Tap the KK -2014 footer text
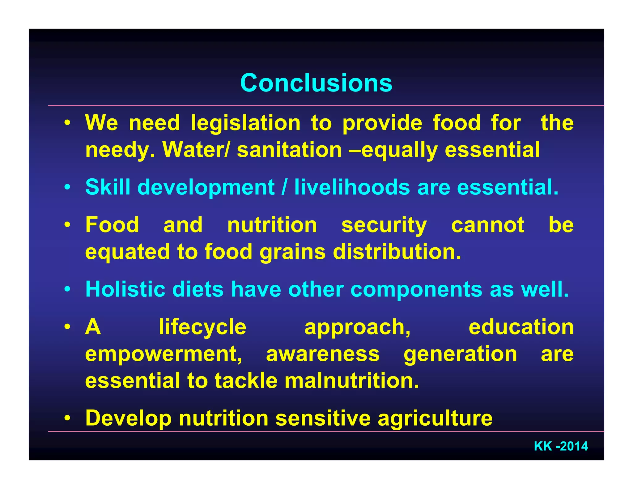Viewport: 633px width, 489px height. tap(561, 446)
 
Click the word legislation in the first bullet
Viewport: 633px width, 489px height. tap(246, 123)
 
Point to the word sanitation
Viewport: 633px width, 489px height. tap(289, 150)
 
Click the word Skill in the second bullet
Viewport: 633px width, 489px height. tap(108, 187)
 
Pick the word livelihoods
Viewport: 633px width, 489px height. tap(352, 187)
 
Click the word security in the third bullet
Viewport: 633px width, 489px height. tap(384, 225)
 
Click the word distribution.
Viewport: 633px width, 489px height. tap(397, 252)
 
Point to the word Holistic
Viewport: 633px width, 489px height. tap(125, 289)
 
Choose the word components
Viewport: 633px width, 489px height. tap(416, 290)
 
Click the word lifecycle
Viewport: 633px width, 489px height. tap(202, 327)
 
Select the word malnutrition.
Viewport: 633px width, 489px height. tap(352, 381)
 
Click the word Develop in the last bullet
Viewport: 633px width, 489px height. tap(128, 419)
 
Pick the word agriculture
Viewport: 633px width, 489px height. tap(435, 419)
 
